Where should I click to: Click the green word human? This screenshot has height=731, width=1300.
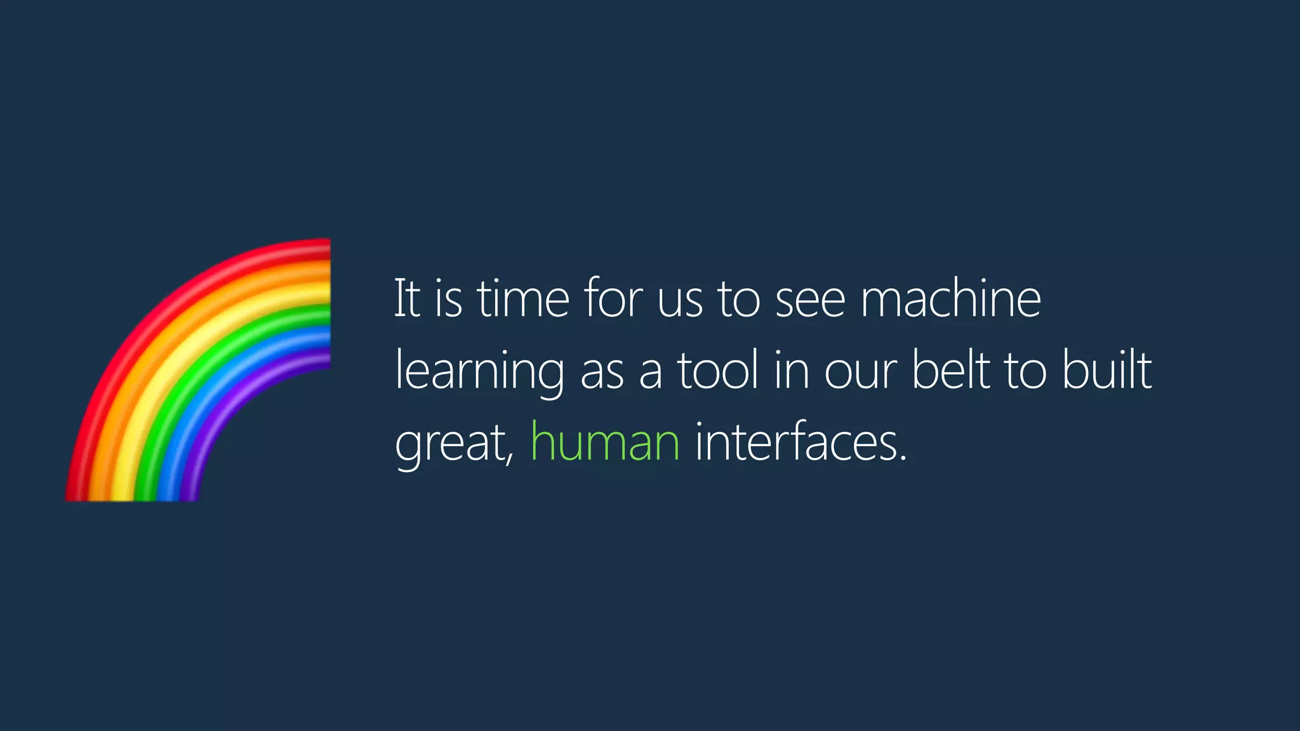click(604, 442)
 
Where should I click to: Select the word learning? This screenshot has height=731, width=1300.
click(479, 372)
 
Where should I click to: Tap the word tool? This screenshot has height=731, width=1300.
click(718, 371)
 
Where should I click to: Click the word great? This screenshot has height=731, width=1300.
click(452, 444)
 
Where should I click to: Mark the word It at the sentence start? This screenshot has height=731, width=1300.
click(407, 298)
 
